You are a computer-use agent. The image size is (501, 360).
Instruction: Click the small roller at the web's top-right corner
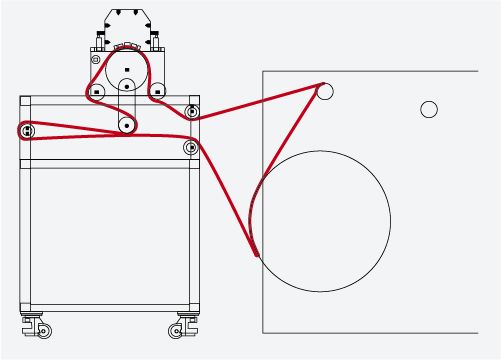pyautogui.click(x=324, y=91)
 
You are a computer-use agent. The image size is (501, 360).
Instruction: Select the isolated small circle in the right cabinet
pyautogui.click(x=429, y=109)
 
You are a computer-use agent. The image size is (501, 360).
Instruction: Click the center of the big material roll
pyautogui.click(x=323, y=221)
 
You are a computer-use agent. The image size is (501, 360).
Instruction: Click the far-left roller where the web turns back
pyautogui.click(x=26, y=131)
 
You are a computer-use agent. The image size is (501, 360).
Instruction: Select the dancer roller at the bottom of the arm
pyautogui.click(x=127, y=125)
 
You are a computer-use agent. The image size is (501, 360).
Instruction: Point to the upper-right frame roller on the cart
pyautogui.click(x=192, y=109)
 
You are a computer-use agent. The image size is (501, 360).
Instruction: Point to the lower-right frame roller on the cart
pyautogui.click(x=191, y=147)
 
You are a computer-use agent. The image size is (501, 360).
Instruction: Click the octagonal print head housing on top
pyautogui.click(x=126, y=25)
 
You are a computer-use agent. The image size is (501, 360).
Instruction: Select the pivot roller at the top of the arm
pyautogui.click(x=128, y=86)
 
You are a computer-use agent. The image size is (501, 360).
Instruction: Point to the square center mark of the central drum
pyautogui.click(x=127, y=70)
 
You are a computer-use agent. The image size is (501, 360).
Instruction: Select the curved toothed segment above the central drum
pyautogui.click(x=126, y=47)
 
